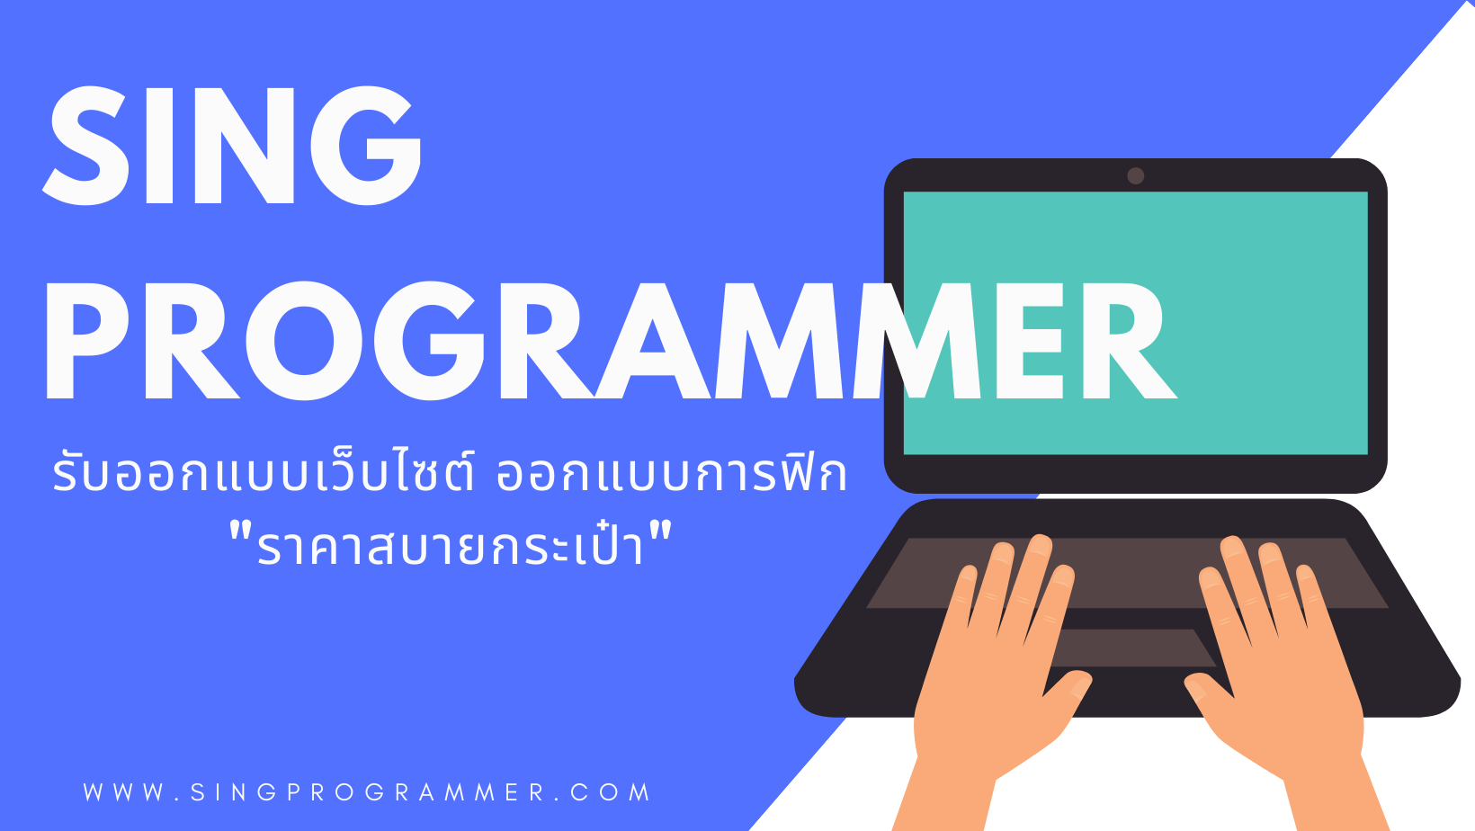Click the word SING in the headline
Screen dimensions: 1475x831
tap(232, 145)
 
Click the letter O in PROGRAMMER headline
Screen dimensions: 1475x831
tap(304, 341)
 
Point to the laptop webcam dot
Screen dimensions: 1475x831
tap(1135, 175)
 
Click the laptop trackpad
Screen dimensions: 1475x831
tap(1131, 648)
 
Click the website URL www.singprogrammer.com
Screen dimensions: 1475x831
tap(367, 792)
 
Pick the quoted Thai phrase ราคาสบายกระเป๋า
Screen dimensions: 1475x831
tap(451, 543)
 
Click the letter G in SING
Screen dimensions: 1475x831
tap(367, 145)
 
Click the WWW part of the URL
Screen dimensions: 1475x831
tap(124, 792)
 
